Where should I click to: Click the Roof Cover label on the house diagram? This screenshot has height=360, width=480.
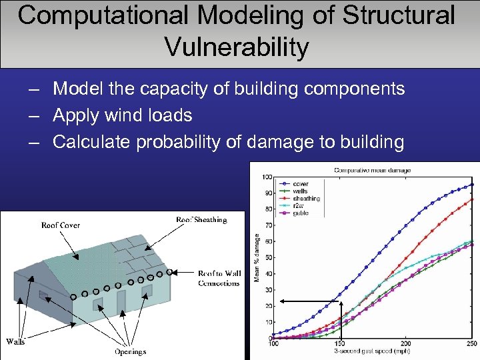coord(61,225)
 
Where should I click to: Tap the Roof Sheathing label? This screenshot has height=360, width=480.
coord(201,219)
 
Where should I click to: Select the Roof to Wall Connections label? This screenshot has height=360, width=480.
coord(219,278)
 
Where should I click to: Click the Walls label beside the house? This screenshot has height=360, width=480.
coord(15,341)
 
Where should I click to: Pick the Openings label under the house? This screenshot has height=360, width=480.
coord(130,351)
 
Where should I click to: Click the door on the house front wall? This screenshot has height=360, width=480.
coord(121,301)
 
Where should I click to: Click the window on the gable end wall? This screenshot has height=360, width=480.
coord(44,294)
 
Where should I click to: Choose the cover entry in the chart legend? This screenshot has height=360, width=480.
coord(300,184)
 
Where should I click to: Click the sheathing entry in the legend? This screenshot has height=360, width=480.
coord(306,199)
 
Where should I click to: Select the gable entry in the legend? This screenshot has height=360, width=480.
coord(301,213)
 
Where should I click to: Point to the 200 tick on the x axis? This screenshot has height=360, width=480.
coord(405,344)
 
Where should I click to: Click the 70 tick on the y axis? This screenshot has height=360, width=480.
coord(267,225)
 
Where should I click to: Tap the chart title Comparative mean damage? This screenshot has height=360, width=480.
coord(372,170)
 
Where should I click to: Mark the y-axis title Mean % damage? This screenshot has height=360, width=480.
coord(257,256)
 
